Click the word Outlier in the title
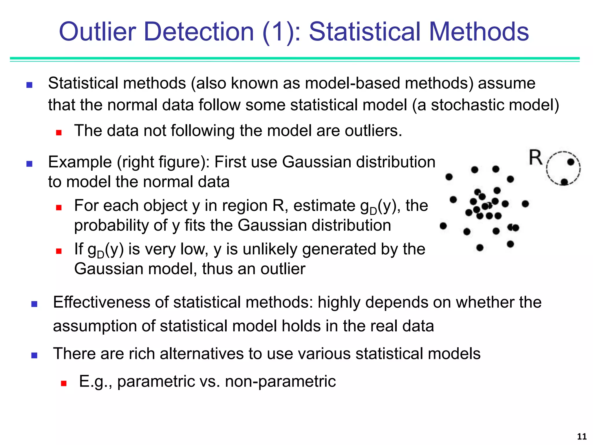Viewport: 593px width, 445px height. (x=97, y=32)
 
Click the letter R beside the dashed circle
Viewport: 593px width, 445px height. (x=535, y=158)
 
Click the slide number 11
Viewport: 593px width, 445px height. (x=582, y=436)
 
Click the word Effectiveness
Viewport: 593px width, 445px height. (x=101, y=302)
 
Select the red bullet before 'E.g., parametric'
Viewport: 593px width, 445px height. (x=64, y=384)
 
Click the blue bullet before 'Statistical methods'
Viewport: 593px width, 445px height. (x=29, y=85)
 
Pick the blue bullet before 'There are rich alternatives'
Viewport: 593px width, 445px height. (x=34, y=355)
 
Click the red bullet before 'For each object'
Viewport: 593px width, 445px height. (x=59, y=207)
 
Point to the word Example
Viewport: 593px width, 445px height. (x=80, y=162)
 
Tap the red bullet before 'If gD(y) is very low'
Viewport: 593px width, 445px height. (x=59, y=251)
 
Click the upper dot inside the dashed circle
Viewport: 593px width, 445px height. (x=571, y=162)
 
